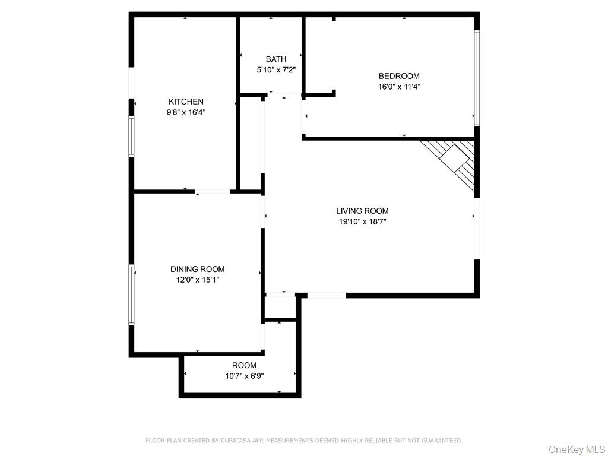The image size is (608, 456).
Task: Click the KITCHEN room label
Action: [x=186, y=102]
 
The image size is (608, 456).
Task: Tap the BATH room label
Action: [x=275, y=59]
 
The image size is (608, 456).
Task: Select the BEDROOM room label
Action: [x=399, y=76]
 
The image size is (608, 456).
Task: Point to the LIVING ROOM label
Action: [x=362, y=211]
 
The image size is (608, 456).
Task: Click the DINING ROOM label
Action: [x=197, y=269]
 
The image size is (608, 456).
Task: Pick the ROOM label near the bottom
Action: [x=244, y=365]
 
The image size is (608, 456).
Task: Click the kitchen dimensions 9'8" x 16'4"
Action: [x=186, y=112]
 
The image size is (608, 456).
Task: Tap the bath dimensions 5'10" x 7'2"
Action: [x=275, y=69]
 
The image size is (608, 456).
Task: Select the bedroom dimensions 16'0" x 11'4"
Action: [x=399, y=86]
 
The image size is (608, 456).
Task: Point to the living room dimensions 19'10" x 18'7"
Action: [x=362, y=221]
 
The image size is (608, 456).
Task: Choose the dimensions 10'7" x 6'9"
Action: [x=244, y=375]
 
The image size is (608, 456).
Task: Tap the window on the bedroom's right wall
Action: [x=476, y=78]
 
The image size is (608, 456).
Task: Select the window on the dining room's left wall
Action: [x=132, y=294]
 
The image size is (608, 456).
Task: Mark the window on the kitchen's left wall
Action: [x=132, y=136]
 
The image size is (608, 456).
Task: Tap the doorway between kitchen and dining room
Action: [x=213, y=191]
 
